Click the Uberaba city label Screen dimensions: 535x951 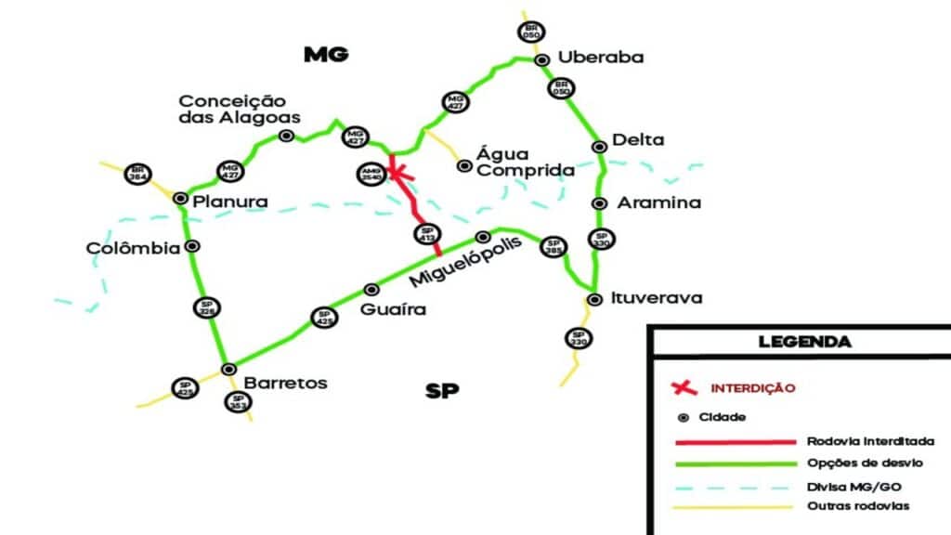click(x=600, y=58)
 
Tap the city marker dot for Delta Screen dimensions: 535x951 click(x=599, y=145)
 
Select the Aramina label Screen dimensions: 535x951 click(x=659, y=202)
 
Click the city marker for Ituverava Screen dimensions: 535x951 click(x=594, y=299)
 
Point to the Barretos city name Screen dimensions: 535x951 click(x=285, y=383)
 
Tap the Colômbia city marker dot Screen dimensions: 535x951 click(x=192, y=246)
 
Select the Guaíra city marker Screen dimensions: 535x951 click(x=371, y=289)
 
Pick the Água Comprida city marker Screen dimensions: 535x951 click(x=464, y=166)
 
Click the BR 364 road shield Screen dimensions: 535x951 click(x=138, y=174)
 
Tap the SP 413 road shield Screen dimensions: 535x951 click(x=427, y=235)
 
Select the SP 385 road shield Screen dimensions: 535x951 click(x=554, y=246)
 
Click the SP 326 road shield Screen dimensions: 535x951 click(x=205, y=307)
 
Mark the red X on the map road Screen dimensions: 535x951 click(x=397, y=170)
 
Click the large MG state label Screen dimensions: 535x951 click(x=326, y=55)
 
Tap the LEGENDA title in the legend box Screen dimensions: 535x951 click(x=804, y=342)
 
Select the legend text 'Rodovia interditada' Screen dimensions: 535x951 click(x=870, y=441)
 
